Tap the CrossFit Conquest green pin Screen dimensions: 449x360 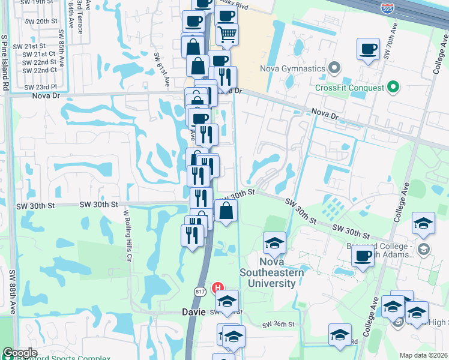tap(394, 88)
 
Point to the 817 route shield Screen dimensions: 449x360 tap(199, 291)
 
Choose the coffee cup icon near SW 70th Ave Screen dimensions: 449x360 tap(368, 49)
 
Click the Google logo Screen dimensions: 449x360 tap(20, 353)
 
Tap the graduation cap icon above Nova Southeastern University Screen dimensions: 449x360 tap(274, 242)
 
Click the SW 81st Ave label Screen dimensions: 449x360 tap(160, 69)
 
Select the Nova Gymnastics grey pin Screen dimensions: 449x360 tap(335, 68)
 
